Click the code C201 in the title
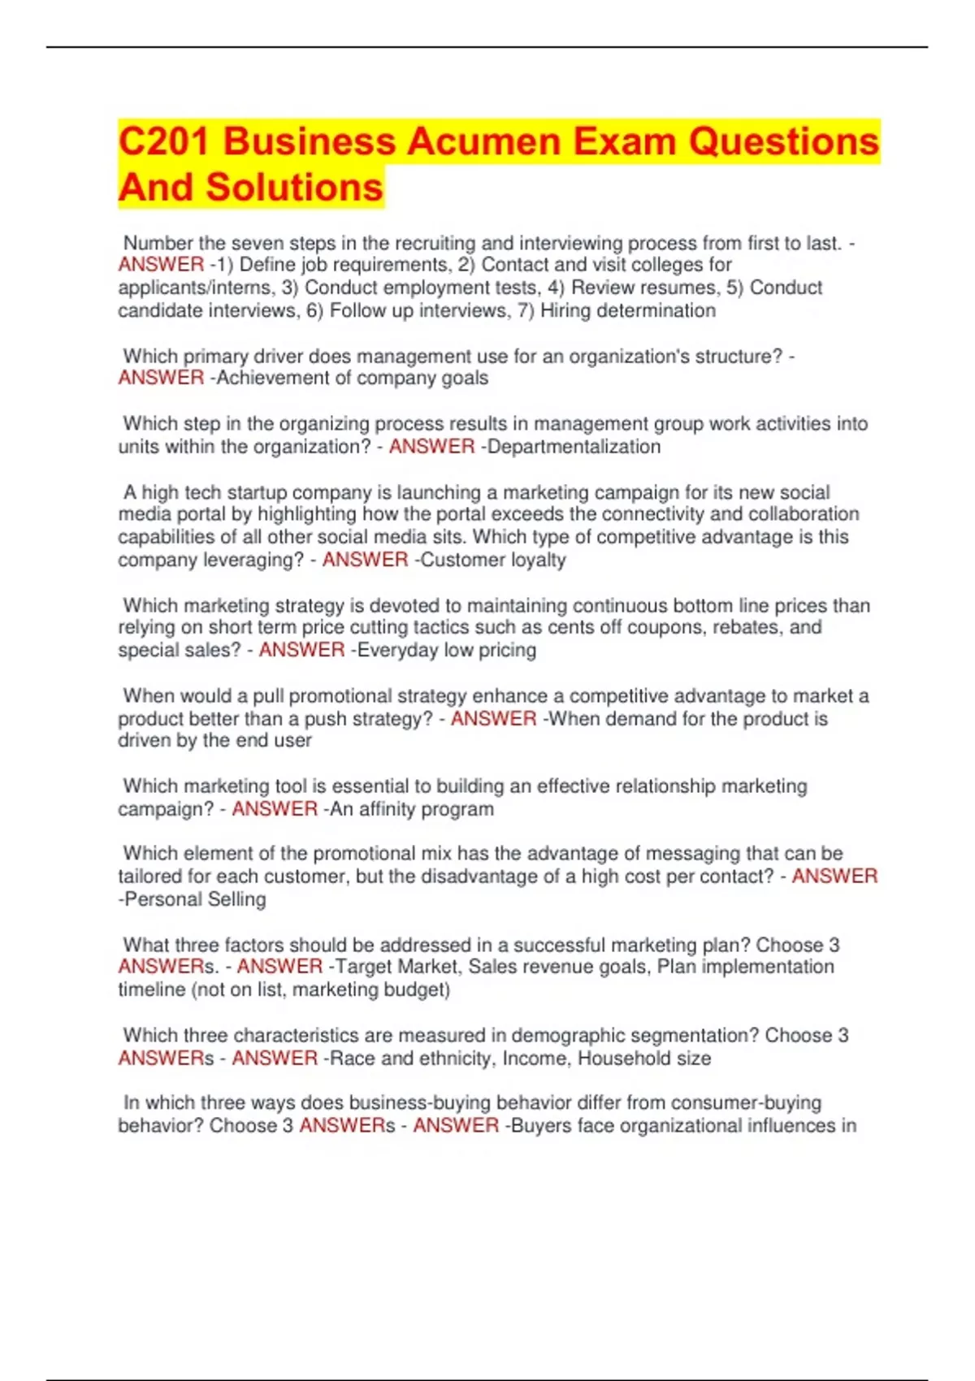165,141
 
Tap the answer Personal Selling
195,899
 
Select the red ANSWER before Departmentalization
431,447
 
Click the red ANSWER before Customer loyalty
365,560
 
